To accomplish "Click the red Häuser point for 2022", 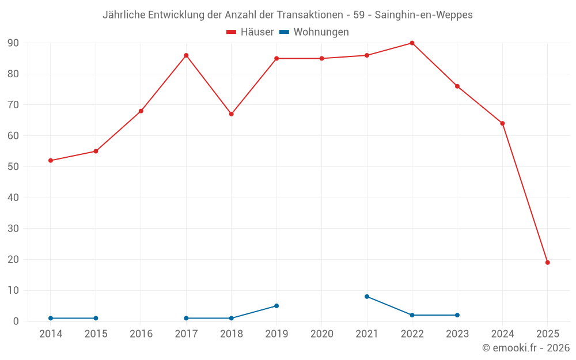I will click(412, 43).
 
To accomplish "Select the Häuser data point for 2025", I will click(548, 263).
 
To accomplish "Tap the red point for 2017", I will click(186, 55).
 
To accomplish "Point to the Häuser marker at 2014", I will click(51, 161).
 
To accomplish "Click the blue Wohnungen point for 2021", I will click(367, 297).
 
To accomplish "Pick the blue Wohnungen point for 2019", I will click(276, 306).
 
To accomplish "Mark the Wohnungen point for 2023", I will click(457, 315).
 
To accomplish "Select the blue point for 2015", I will click(96, 318).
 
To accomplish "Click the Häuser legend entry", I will click(250, 32).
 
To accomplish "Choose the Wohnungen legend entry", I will click(314, 32).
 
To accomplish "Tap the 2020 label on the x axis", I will click(322, 334).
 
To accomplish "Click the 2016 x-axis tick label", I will click(141, 334).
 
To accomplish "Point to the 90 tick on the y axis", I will click(13, 43).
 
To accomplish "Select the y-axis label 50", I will click(13, 167).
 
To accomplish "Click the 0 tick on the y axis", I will click(16, 321).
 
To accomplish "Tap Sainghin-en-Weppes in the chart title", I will click(423, 15).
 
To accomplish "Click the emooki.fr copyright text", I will click(526, 348).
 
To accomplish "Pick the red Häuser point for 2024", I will click(502, 123).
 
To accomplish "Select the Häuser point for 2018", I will click(232, 114).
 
